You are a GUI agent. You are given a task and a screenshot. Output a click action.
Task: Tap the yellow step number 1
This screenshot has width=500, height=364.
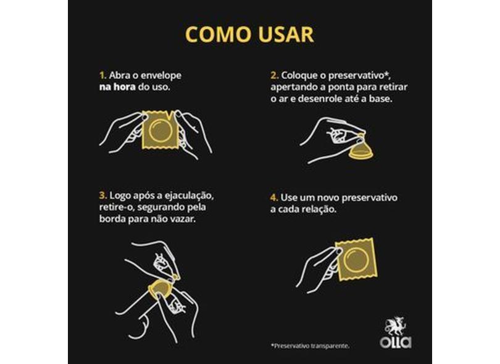pyautogui.click(x=102, y=75)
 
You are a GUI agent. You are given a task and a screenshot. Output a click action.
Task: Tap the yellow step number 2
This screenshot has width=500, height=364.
pyautogui.click(x=273, y=75)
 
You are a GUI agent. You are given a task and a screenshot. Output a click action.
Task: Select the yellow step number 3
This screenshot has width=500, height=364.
pyautogui.click(x=102, y=196)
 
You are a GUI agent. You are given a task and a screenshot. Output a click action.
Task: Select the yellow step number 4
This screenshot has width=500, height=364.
pyautogui.click(x=273, y=198)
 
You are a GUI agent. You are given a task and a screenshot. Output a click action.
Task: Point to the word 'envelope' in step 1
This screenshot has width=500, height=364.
pyautogui.click(x=162, y=75)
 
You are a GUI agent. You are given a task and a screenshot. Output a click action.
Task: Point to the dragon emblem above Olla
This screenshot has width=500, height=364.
pyautogui.click(x=395, y=324)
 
